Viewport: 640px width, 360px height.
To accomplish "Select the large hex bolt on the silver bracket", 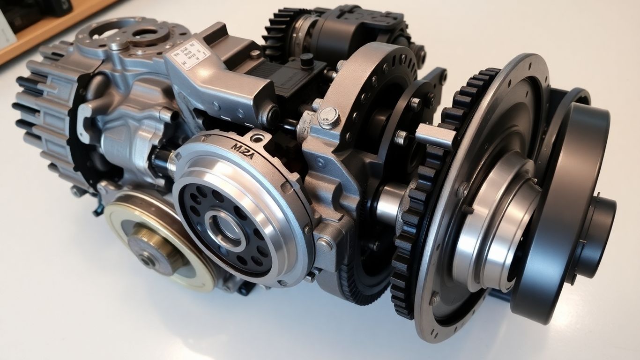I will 329,117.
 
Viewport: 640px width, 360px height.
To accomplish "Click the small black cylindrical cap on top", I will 306,60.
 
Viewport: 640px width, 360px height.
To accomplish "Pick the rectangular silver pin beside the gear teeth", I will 435,136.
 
